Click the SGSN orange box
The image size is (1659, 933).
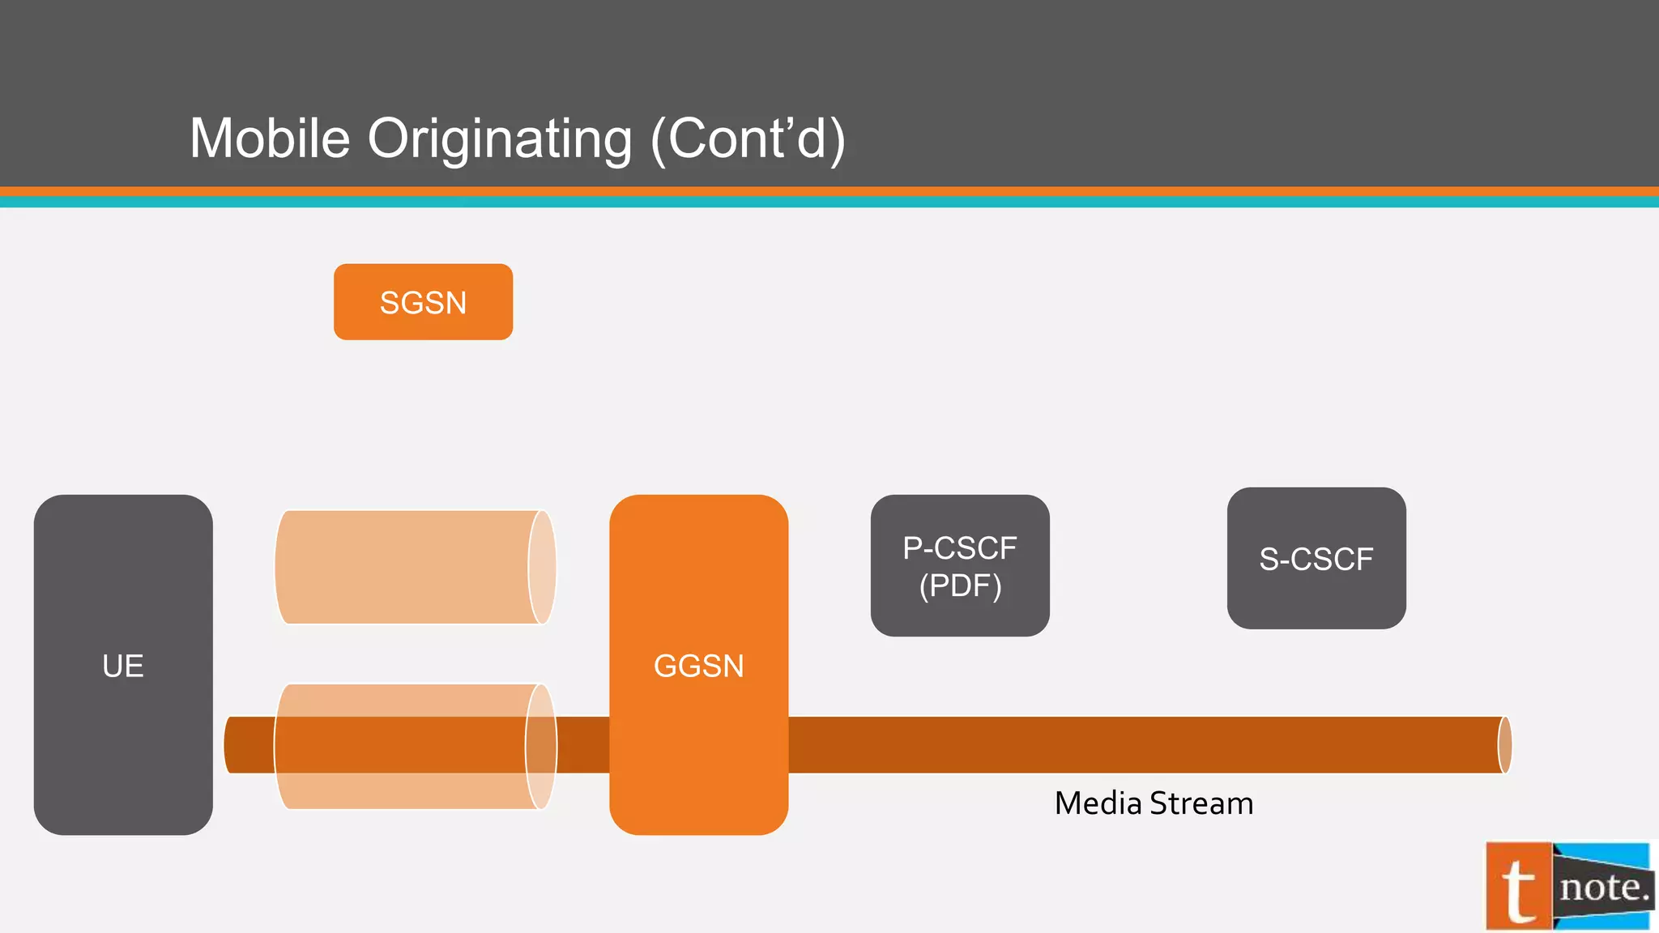[x=423, y=302]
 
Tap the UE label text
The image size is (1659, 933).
[x=123, y=666]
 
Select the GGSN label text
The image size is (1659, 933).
[x=698, y=666]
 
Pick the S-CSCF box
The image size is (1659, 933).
[x=1316, y=558]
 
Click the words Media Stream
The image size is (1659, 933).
[x=1154, y=803]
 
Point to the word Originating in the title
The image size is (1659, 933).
[x=500, y=138]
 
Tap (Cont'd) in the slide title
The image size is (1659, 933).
[x=748, y=138]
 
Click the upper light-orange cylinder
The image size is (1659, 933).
[x=405, y=567]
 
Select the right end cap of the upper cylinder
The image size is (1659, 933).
[x=543, y=567]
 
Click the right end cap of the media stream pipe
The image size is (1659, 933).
[x=1504, y=745]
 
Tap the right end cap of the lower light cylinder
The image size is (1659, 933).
[x=541, y=747]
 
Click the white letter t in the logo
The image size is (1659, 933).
[x=1518, y=890]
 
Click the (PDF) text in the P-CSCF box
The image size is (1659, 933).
[x=960, y=586]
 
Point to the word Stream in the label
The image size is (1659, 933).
[x=1201, y=803]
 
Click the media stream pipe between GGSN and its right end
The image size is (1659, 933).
[x=1134, y=745]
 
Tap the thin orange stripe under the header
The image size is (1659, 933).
[x=829, y=191]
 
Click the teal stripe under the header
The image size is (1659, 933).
[x=829, y=202]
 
